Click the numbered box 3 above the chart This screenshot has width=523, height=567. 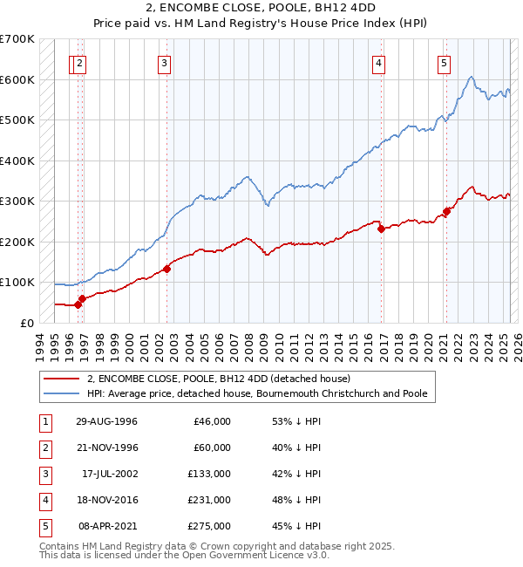[164, 63]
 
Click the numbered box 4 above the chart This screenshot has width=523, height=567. [379, 63]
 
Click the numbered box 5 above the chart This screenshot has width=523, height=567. [445, 63]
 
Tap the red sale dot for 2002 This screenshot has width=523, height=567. [166, 269]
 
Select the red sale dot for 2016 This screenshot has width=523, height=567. [381, 229]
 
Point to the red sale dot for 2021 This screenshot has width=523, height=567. [446, 211]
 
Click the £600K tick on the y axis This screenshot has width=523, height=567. [17, 79]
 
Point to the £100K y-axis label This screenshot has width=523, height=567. [17, 282]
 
